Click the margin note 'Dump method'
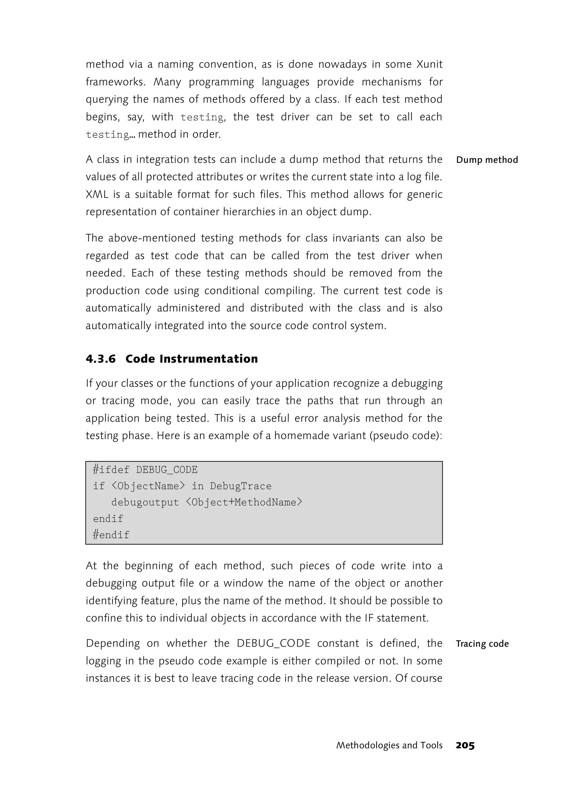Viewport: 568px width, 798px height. pyautogui.click(x=487, y=160)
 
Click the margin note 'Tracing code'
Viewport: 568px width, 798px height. pyautogui.click(x=482, y=644)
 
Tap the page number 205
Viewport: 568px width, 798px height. pyautogui.click(x=465, y=746)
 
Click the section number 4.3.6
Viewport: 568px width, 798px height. pyautogui.click(x=101, y=359)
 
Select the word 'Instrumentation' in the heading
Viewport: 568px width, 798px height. pyautogui.click(x=209, y=359)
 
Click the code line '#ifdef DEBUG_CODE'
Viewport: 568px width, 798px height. pyautogui.click(x=145, y=470)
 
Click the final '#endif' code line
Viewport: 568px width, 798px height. pyautogui.click(x=111, y=535)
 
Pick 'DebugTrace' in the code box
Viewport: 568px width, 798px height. pyautogui.click(x=241, y=486)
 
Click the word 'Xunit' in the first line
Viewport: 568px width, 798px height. pyautogui.click(x=429, y=64)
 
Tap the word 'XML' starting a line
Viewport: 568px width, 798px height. pyautogui.click(x=97, y=194)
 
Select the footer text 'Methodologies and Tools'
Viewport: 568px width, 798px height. pyautogui.click(x=389, y=746)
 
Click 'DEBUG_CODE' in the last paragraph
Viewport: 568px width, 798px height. pyautogui.click(x=273, y=644)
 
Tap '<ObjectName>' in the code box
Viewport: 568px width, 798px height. pyautogui.click(x=148, y=486)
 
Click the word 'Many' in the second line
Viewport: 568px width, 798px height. pyautogui.click(x=167, y=82)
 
